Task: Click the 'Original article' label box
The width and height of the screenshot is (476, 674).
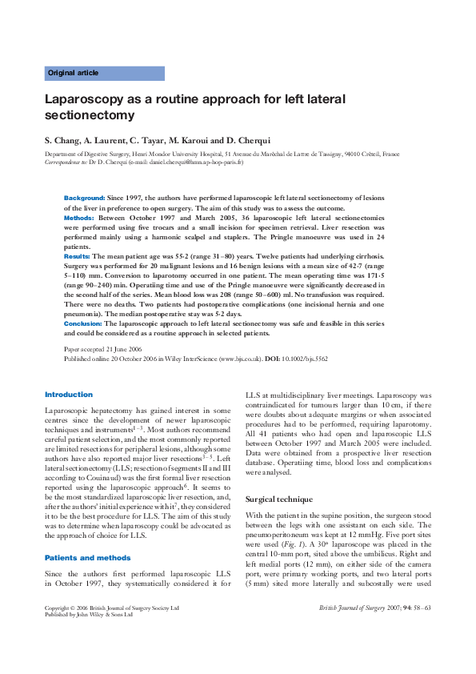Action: click(104, 73)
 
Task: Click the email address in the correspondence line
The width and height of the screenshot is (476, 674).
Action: click(168, 161)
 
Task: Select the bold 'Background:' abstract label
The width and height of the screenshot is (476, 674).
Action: click(84, 197)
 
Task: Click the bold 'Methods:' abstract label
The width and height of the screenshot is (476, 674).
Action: click(79, 217)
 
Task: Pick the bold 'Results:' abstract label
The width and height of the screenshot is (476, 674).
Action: click(78, 255)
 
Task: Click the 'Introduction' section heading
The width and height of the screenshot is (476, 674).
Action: click(69, 395)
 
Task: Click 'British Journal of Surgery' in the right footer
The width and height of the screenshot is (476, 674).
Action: click(355, 631)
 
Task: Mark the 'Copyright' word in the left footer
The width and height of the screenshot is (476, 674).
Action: click(60, 631)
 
